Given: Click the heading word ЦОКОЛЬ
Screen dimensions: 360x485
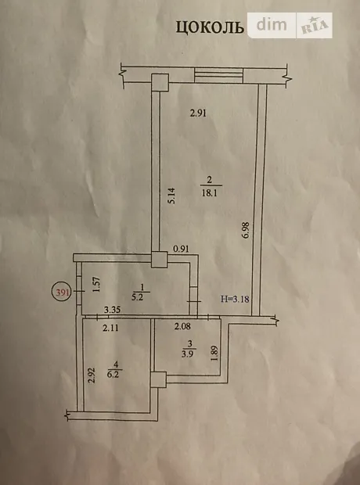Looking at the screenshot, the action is tap(210, 27).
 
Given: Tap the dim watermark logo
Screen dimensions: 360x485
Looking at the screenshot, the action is tap(272, 25).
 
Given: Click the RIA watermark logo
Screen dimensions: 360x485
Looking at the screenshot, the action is tap(314, 25).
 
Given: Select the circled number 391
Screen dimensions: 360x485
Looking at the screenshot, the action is tap(62, 293).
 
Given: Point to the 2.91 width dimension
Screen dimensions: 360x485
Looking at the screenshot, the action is tap(198, 113).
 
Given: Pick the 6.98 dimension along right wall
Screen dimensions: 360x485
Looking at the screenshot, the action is tap(247, 230).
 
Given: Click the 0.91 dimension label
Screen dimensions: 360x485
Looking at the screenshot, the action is tap(181, 249).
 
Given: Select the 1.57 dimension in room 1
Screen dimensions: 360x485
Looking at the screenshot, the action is tap(97, 284).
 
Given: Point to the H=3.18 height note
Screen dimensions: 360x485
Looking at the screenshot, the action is tap(236, 299).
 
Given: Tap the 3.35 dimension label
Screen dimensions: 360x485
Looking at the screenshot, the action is tap(112, 309).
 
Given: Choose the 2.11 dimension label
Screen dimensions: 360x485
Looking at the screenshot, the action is tap(110, 329).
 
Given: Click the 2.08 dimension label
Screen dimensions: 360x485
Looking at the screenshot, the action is tap(182, 326).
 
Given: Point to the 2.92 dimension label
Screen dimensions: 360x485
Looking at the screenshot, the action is tap(92, 375).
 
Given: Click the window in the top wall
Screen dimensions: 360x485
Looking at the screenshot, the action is tap(219, 76).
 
